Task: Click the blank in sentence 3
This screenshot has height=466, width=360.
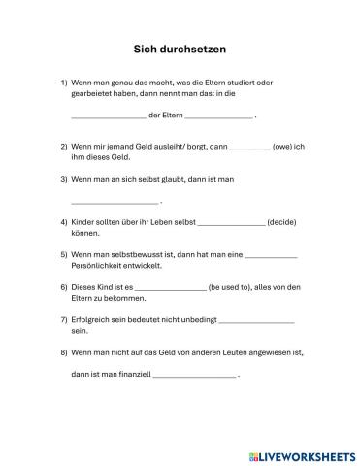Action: coord(115,203)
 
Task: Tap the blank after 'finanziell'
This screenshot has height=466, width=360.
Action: coord(194,376)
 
